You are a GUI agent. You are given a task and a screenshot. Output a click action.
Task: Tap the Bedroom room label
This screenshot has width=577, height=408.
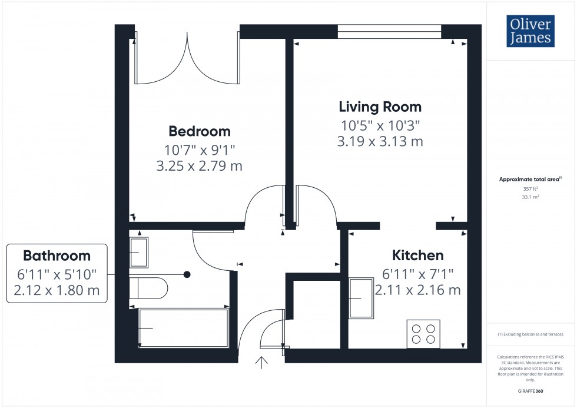pyautogui.click(x=200, y=131)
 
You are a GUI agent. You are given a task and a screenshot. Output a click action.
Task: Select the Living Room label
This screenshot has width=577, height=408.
pyautogui.click(x=380, y=107)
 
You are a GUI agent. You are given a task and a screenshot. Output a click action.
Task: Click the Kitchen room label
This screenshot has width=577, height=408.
pyautogui.click(x=417, y=255)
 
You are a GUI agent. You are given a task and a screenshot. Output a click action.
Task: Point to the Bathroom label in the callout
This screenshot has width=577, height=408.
pyautogui.click(x=57, y=256)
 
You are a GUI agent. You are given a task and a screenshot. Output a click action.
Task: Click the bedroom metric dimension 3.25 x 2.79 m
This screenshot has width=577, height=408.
pyautogui.click(x=200, y=167)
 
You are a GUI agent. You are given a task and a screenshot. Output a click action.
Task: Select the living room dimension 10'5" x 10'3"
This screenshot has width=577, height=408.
pyautogui.click(x=380, y=125)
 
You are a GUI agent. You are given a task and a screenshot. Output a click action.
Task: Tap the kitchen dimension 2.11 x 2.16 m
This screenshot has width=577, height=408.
pyautogui.click(x=417, y=290)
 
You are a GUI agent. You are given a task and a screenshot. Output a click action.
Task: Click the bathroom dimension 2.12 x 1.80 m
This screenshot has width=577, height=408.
pyautogui.click(x=57, y=290)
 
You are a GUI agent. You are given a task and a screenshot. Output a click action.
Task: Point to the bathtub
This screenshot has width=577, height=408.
pyautogui.click(x=183, y=328)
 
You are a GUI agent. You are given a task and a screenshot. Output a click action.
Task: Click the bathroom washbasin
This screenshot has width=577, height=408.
pyautogui.click(x=138, y=252)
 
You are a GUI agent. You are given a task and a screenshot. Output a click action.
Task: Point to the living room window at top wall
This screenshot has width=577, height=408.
pyautogui.click(x=389, y=32)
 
